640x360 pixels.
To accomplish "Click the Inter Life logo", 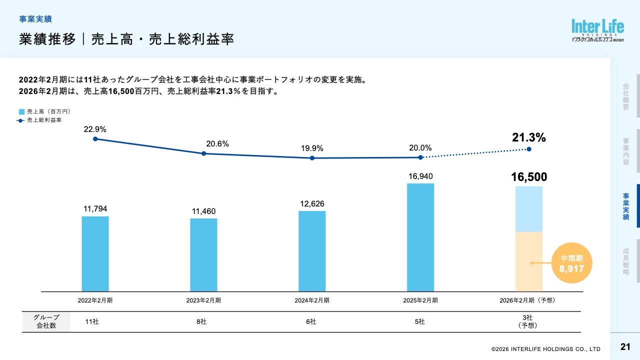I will [x=597, y=30].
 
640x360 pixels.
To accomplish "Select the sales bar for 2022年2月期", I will [x=95, y=253].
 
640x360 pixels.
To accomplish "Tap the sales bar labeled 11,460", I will [x=203, y=254].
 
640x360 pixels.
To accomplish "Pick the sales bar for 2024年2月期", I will [x=312, y=251].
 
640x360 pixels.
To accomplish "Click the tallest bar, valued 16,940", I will [x=420, y=237].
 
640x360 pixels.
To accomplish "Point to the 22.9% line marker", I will [x=95, y=139].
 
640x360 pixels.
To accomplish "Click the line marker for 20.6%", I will [x=203, y=153].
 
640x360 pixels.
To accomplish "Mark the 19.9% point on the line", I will [x=312, y=158].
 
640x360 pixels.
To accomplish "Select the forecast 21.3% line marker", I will [x=529, y=149].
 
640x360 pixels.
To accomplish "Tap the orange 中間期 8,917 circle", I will [x=571, y=263].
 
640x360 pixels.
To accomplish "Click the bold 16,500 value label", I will [x=529, y=177].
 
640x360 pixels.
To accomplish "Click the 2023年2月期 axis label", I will [x=203, y=300].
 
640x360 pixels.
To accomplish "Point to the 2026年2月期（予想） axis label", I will [x=527, y=300].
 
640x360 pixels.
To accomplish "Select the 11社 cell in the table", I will [x=92, y=322].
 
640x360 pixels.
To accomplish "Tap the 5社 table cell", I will [x=420, y=322].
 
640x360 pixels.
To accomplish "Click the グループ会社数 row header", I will [x=46, y=322].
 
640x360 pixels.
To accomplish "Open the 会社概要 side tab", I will [x=625, y=96].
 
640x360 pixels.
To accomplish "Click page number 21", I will [x=625, y=347].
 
